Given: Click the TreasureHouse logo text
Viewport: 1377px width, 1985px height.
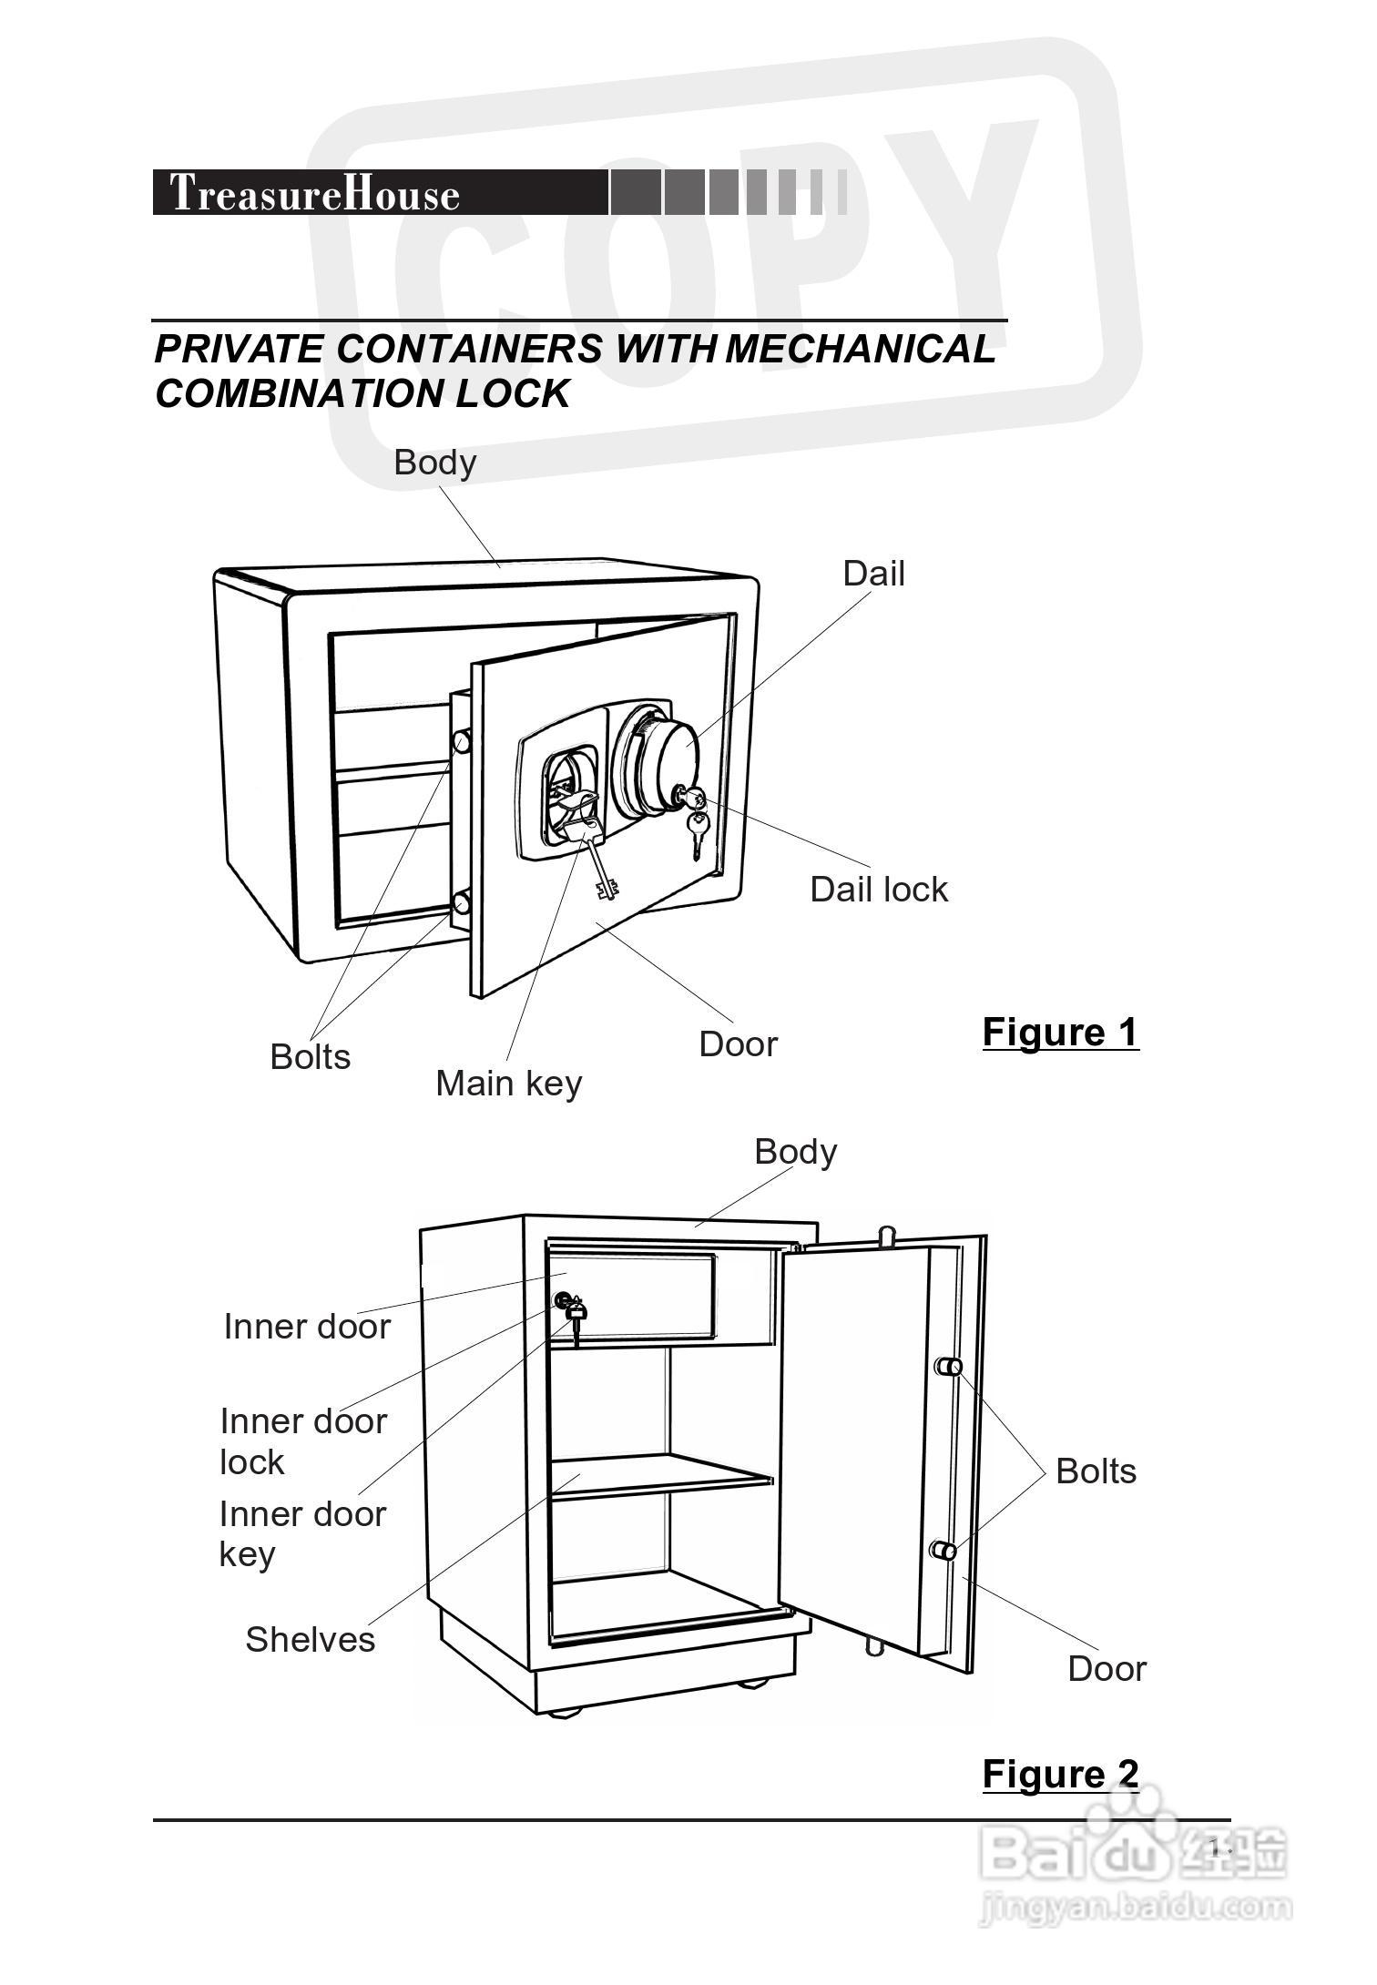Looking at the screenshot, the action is (x=315, y=193).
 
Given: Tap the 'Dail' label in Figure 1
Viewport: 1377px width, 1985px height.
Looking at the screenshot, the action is (x=873, y=574).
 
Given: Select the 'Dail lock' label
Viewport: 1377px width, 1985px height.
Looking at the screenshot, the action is (x=879, y=890).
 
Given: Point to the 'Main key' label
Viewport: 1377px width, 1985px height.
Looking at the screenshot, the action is (x=509, y=1084).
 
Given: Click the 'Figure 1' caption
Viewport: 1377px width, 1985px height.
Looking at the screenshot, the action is (x=1061, y=1033).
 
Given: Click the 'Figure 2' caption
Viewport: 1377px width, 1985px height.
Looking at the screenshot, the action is (x=1061, y=1775).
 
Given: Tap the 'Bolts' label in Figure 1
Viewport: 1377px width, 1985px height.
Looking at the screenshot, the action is (x=311, y=1057).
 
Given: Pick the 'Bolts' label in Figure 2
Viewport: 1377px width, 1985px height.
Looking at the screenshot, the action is (x=1096, y=1471).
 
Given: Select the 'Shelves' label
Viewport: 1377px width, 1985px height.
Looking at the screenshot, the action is (x=311, y=1640).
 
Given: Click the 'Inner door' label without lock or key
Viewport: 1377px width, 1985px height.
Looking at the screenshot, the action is (x=307, y=1327).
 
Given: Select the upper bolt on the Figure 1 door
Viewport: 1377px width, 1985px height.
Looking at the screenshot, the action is (x=461, y=741).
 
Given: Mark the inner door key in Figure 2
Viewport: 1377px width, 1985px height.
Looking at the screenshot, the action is (x=576, y=1319).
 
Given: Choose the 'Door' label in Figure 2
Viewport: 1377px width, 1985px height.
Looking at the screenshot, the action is (x=1107, y=1669).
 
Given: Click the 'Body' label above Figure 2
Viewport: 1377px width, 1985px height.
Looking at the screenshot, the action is (x=796, y=1153).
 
